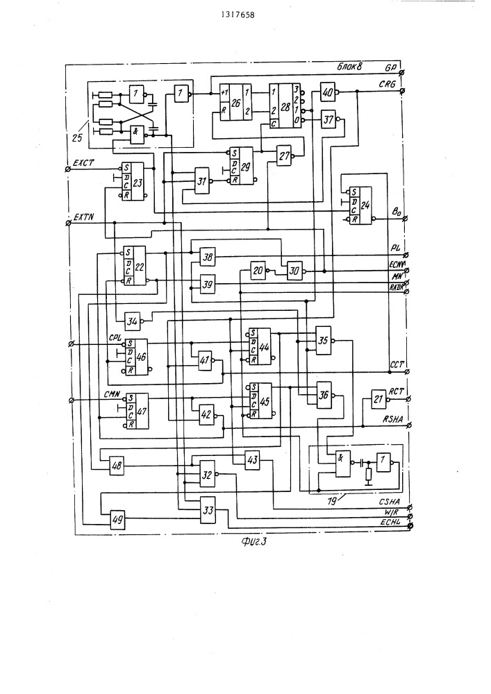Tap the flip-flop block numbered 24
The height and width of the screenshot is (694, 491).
(360, 205)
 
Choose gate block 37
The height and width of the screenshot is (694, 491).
(328, 119)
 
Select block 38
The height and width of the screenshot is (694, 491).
(208, 257)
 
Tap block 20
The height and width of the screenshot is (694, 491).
(258, 271)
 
